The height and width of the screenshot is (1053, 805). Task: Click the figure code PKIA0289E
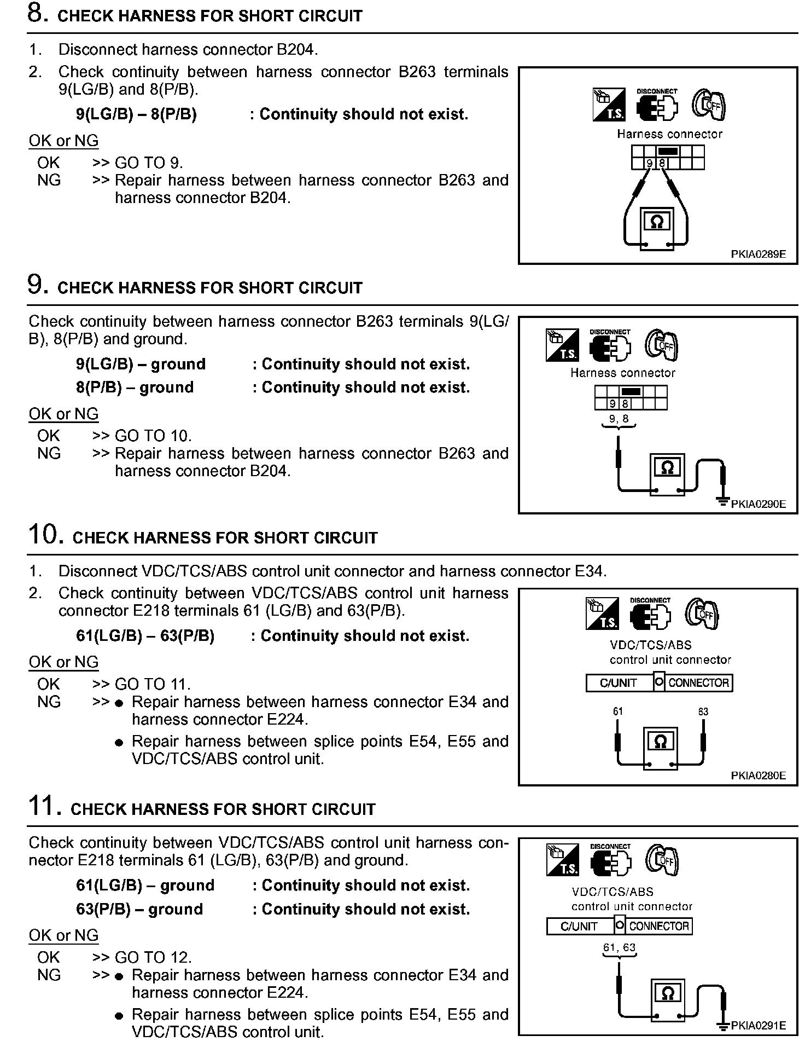(x=758, y=254)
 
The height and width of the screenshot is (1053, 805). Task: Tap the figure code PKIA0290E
(x=758, y=504)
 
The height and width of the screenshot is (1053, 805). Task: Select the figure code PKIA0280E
(x=758, y=776)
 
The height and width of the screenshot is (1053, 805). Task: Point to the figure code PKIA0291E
(x=758, y=1026)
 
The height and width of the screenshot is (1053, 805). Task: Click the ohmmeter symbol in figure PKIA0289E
(x=657, y=222)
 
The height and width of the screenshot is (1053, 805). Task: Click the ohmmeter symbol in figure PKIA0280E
(x=661, y=742)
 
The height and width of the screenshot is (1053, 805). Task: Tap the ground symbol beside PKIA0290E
(x=723, y=501)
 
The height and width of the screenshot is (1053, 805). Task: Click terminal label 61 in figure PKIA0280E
(x=618, y=711)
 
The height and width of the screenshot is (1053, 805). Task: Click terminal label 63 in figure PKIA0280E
(x=703, y=711)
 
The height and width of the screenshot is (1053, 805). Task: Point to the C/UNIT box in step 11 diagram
(x=579, y=927)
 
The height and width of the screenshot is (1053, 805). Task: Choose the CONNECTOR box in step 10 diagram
(x=698, y=683)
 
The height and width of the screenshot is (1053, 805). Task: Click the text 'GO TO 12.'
(x=153, y=957)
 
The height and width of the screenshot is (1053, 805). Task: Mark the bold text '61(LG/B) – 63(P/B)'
(x=145, y=636)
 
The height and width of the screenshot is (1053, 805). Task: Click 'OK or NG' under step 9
(x=63, y=414)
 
